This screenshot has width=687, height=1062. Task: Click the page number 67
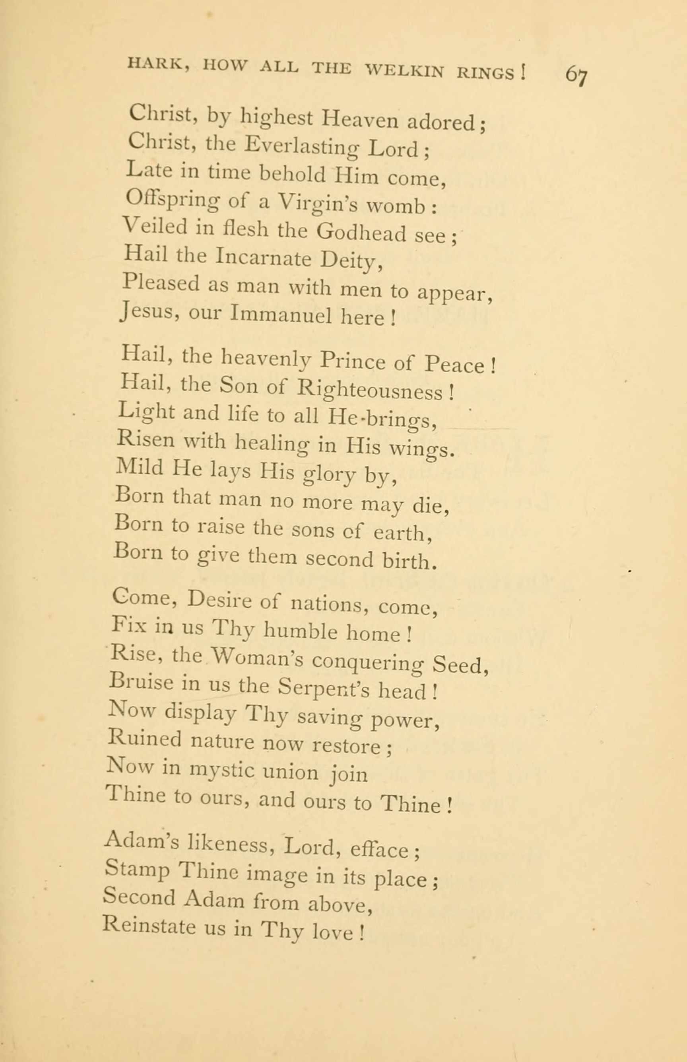coord(576,74)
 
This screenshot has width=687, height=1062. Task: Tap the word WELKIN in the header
coord(404,70)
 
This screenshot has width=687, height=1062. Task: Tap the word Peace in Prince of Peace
coord(454,365)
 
